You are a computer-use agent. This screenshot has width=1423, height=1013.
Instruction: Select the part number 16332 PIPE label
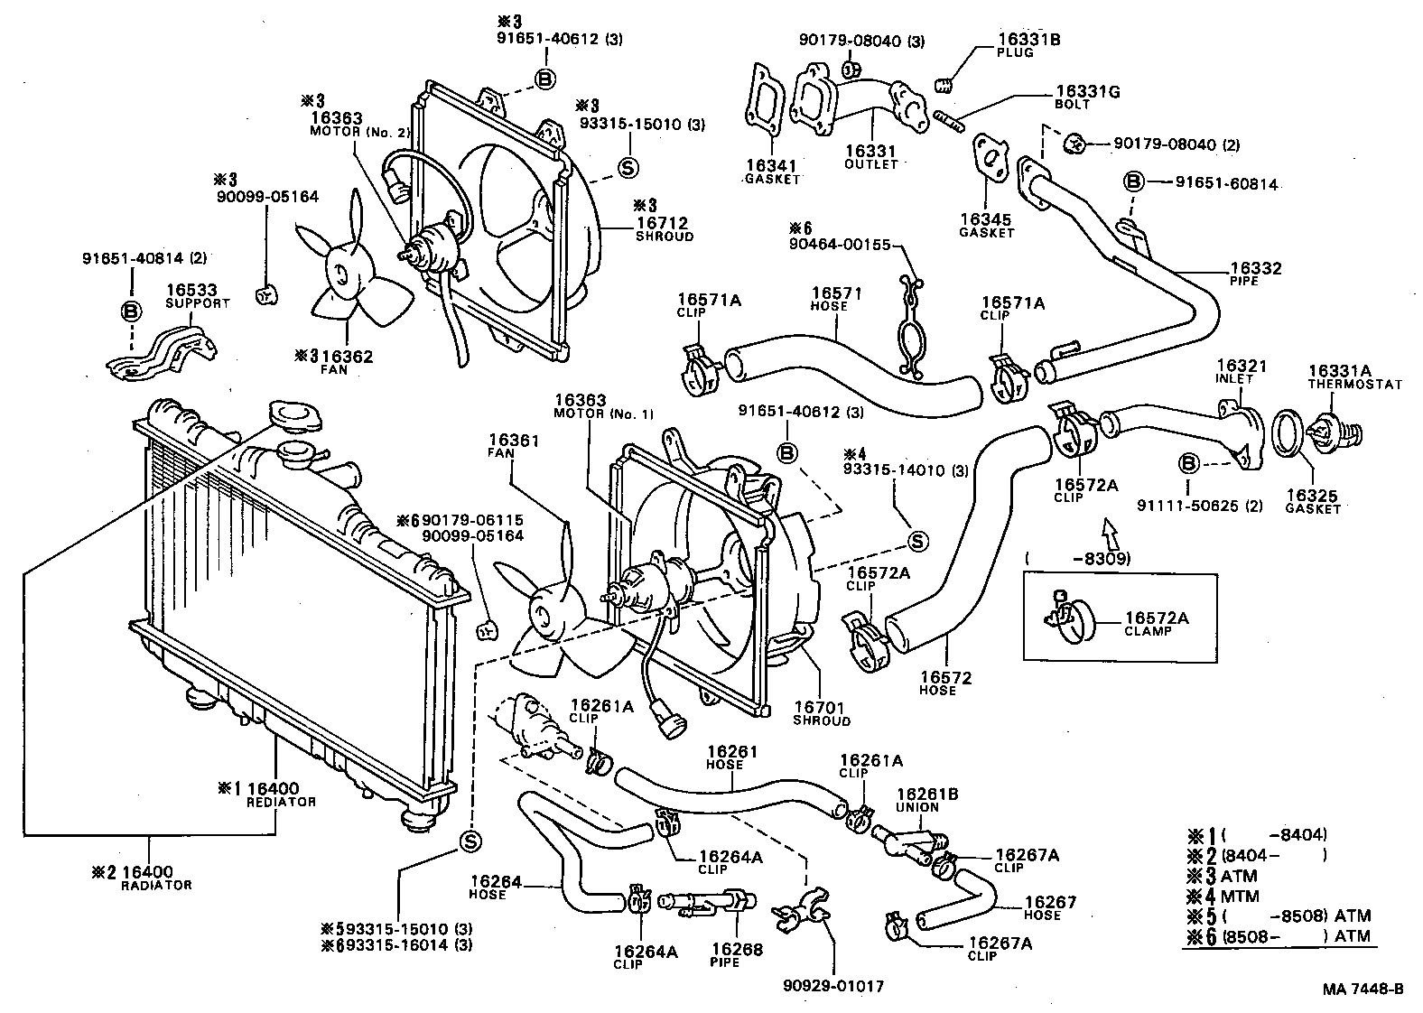click(1255, 274)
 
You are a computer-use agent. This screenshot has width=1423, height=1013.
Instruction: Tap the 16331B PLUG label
click(1028, 45)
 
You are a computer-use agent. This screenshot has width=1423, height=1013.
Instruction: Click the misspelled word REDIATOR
click(282, 802)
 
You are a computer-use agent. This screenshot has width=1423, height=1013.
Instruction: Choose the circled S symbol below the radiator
click(470, 841)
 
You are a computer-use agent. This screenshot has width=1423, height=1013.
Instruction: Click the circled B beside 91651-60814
click(1134, 182)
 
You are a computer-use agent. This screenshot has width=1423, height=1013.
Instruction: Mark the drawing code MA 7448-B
click(1363, 989)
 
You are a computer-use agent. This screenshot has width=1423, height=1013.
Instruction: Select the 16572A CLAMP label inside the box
click(1156, 624)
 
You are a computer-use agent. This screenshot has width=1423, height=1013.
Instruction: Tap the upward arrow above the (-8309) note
click(1110, 534)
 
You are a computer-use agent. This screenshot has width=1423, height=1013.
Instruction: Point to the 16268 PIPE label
click(737, 954)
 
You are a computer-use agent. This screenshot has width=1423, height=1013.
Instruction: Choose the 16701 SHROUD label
click(821, 713)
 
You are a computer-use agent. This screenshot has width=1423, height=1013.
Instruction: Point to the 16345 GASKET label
click(986, 225)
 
